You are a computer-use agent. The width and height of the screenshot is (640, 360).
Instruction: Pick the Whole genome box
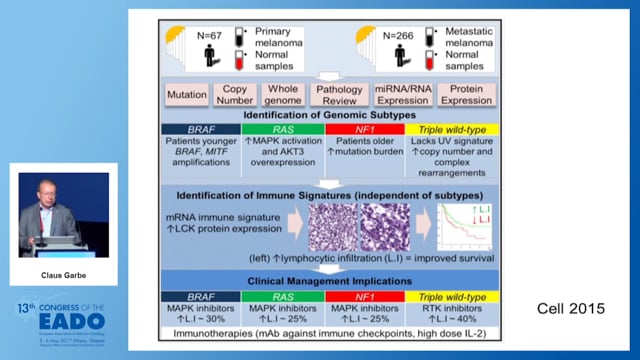point(282,96)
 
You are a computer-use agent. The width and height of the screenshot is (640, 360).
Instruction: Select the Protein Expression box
point(460,96)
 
